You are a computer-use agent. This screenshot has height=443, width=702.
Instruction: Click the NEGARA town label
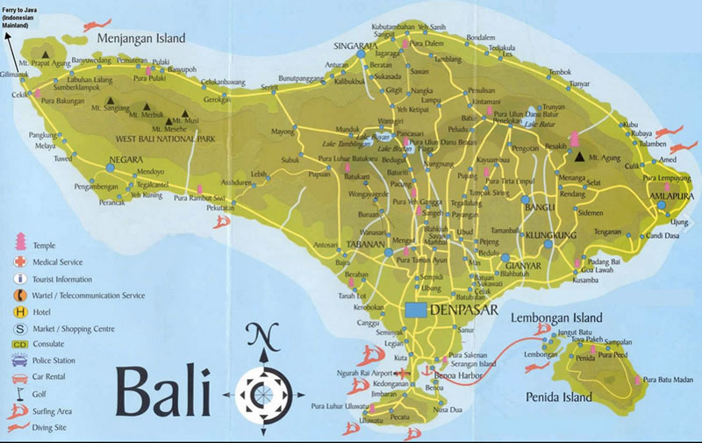click(x=125, y=160)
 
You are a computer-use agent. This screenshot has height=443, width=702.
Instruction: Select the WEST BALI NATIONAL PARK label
click(x=167, y=139)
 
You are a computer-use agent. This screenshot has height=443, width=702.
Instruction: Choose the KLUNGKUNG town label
click(x=552, y=235)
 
